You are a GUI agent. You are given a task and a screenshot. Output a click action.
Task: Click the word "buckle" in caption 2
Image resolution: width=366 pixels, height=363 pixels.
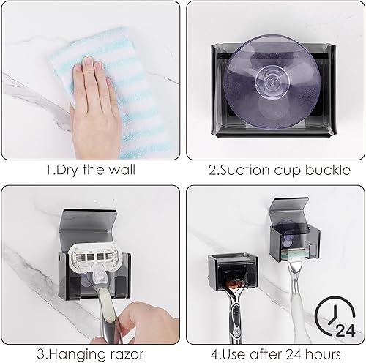tap(324, 172)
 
